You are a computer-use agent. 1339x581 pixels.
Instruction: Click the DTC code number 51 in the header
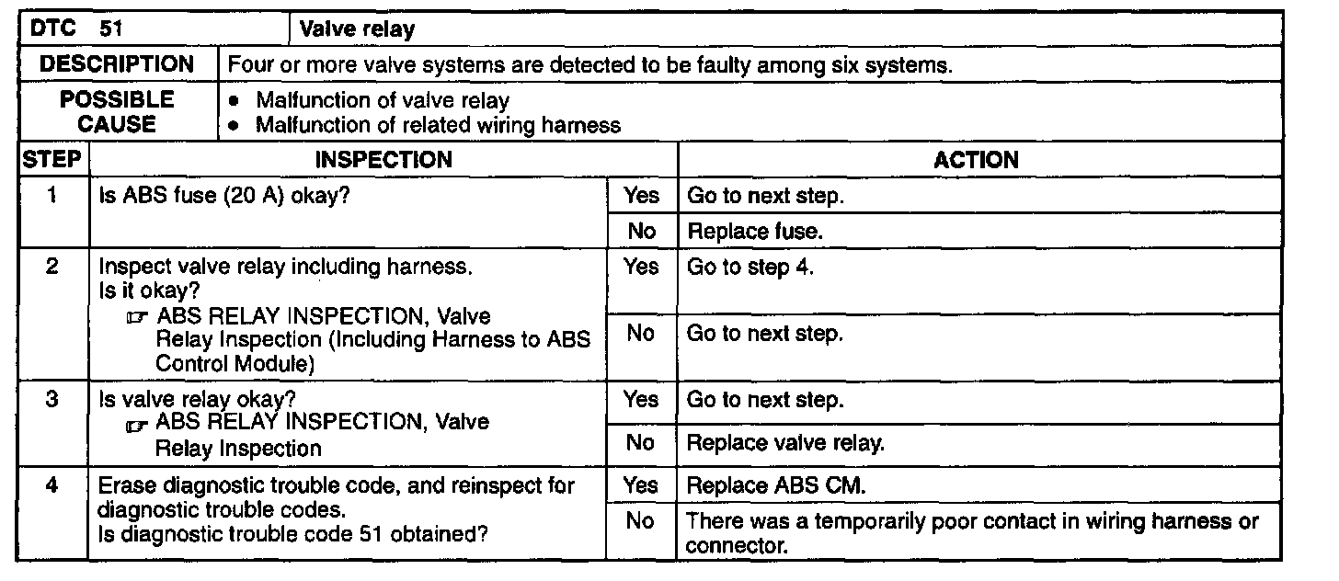(x=110, y=29)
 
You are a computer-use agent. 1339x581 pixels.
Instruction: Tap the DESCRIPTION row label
(x=118, y=65)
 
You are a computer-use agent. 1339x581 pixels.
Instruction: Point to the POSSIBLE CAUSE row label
(x=118, y=111)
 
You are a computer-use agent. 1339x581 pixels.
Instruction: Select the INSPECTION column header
(x=383, y=159)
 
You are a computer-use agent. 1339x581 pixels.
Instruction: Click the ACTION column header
(x=976, y=159)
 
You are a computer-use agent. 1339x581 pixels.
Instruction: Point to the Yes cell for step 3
(x=641, y=401)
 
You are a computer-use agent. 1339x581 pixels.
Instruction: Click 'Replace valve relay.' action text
(x=785, y=443)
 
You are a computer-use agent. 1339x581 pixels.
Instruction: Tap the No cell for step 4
(x=640, y=521)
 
